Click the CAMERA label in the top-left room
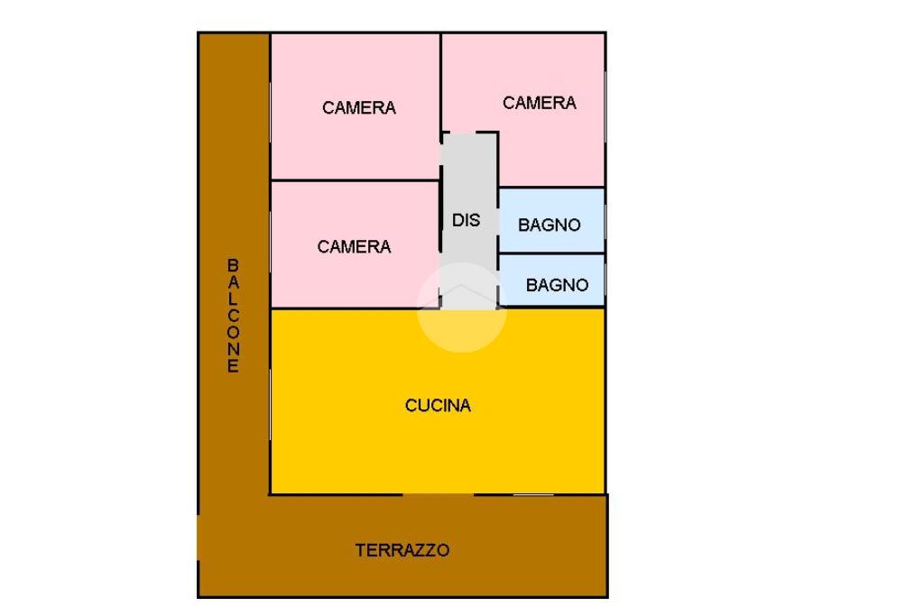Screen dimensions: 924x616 pos(358,108)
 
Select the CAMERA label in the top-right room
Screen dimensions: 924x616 pos(539,104)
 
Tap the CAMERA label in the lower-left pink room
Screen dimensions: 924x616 pos(354,247)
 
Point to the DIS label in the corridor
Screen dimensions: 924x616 pos(467,220)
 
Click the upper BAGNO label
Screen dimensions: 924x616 pos(549,225)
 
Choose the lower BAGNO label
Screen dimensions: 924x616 pos(557,286)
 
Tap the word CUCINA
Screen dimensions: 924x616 pos(438,406)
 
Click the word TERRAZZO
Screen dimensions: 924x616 pos(402,550)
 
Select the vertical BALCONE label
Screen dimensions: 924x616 pos(233,317)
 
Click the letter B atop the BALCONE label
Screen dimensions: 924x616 pos(233,265)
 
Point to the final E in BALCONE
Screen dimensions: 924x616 pos(233,367)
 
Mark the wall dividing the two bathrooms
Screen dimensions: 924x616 pos(550,253)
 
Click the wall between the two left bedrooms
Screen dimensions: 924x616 pos(355,180)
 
